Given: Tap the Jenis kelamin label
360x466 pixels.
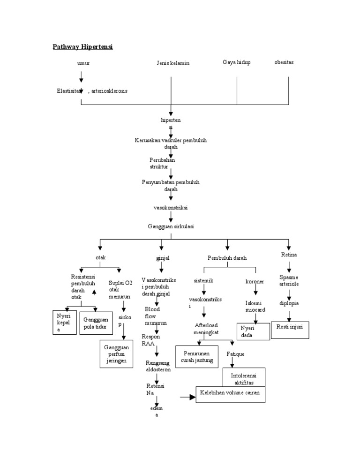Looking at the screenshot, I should pos(173,63).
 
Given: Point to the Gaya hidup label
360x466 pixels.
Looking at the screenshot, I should pos(236,62).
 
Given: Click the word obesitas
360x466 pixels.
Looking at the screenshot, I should pos(284,62).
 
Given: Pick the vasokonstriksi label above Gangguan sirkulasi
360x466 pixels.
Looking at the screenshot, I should pos(171,207).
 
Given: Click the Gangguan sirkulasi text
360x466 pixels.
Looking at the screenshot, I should pos(171,226).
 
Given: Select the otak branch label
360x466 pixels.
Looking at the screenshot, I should pos(100,257).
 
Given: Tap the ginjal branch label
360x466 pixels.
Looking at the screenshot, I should pos(162,258).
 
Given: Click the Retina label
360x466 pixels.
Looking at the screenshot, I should pos(289,255).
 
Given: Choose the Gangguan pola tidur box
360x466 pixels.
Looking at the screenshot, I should pos(96,323).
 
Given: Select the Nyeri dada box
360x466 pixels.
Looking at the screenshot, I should pos(253,331).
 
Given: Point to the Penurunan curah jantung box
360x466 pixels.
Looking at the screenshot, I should pos(197,357).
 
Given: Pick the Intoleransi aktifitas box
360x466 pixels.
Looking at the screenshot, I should pos(244,378).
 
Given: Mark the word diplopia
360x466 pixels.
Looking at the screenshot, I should pos(289,303).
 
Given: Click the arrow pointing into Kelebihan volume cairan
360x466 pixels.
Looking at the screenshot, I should pos(187,397).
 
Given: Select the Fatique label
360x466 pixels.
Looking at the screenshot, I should pos(235,354).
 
